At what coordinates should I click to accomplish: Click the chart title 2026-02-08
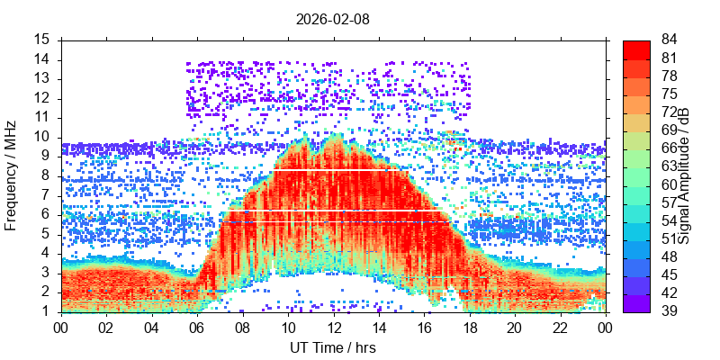[x=333, y=18]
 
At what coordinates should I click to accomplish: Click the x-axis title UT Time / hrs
[x=333, y=347]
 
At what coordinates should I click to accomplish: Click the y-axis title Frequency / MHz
[x=12, y=176]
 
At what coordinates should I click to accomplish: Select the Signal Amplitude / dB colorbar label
[x=685, y=176]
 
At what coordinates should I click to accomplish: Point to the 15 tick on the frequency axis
[x=42, y=40]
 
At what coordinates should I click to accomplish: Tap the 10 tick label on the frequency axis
[x=42, y=137]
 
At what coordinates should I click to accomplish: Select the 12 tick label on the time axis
[x=333, y=328]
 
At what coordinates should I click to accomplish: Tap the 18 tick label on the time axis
[x=469, y=328]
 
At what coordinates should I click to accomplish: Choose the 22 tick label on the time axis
[x=560, y=328]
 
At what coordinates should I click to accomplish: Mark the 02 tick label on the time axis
[x=107, y=328]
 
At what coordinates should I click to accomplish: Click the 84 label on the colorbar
[x=670, y=40]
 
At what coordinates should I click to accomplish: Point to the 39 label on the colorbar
[x=670, y=311]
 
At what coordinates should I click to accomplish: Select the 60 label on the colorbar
[x=670, y=184]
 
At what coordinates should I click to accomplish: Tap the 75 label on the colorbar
[x=670, y=94]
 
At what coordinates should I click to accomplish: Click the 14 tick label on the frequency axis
[x=42, y=59]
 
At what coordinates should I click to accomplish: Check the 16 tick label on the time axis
[x=424, y=328]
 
